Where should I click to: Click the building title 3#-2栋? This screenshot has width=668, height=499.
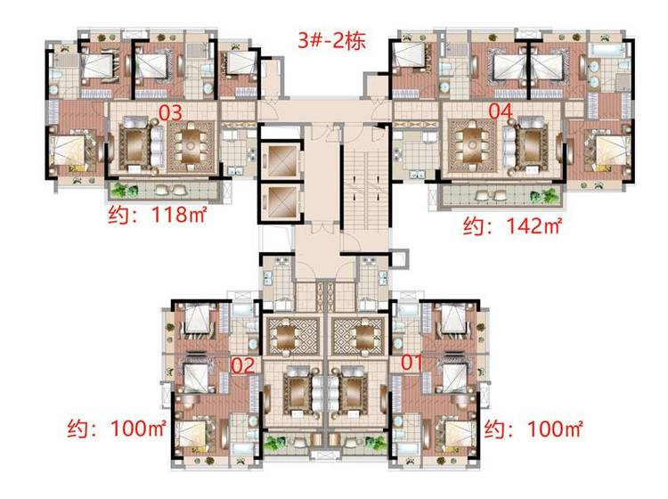click(x=331, y=41)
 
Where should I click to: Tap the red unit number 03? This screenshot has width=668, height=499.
click(x=170, y=112)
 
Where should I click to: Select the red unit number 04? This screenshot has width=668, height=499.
click(x=501, y=111)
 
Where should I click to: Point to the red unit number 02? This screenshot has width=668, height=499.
click(x=243, y=365)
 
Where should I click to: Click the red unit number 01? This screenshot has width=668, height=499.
click(x=412, y=362)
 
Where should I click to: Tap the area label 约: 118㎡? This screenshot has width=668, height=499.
click(x=157, y=215)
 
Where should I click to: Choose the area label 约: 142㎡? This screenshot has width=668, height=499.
click(x=512, y=225)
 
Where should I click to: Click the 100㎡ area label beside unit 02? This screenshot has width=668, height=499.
click(x=117, y=428)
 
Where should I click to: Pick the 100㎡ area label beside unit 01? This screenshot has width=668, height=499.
click(x=533, y=429)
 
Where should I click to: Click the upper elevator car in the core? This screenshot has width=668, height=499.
click(x=281, y=160)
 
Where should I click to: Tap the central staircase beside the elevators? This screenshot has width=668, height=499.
click(x=365, y=187)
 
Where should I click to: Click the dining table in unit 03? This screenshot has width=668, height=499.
click(x=191, y=146)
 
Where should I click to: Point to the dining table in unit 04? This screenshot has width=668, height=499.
click(x=472, y=145)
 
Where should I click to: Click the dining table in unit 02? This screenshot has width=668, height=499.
click(x=289, y=337)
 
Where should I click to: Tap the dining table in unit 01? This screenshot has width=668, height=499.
click(x=362, y=337)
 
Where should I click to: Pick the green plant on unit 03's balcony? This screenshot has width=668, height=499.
click(x=124, y=190)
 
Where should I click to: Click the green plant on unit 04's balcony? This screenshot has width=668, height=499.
click(x=543, y=196)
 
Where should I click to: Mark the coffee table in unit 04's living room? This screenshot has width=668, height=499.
click(x=531, y=146)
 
